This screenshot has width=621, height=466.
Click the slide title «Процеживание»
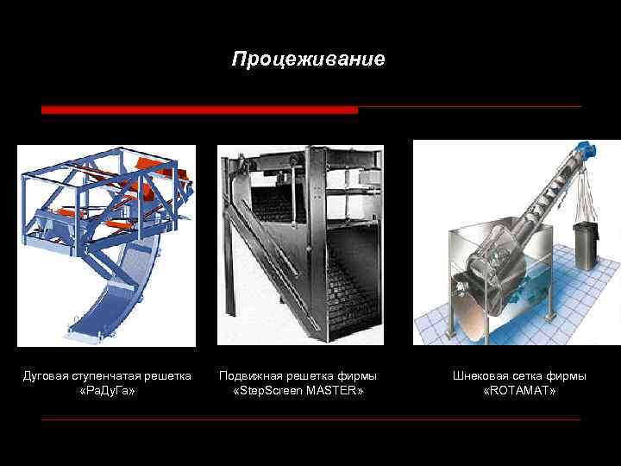pyautogui.click(x=309, y=60)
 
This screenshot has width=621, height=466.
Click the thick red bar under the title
pyautogui.click(x=199, y=110)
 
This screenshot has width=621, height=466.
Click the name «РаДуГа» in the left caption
pyautogui.click(x=107, y=392)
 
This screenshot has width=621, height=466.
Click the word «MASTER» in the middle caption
pyautogui.click(x=331, y=392)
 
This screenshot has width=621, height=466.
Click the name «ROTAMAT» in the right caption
pyautogui.click(x=519, y=392)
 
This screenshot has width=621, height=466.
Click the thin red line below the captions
pyautogui.click(x=310, y=420)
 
